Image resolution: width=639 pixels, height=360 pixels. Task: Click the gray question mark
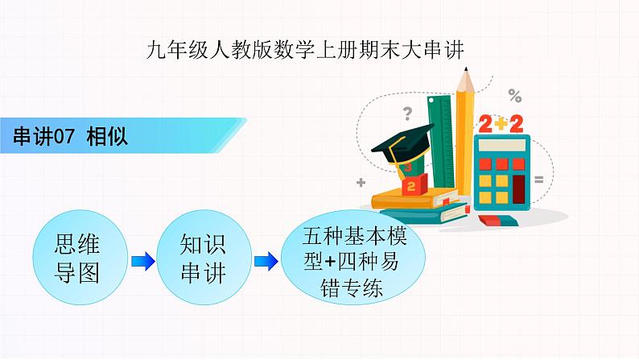click(407, 113)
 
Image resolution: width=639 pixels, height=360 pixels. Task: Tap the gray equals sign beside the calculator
click(539, 178)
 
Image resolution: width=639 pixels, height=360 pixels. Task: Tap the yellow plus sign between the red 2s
click(500, 123)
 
